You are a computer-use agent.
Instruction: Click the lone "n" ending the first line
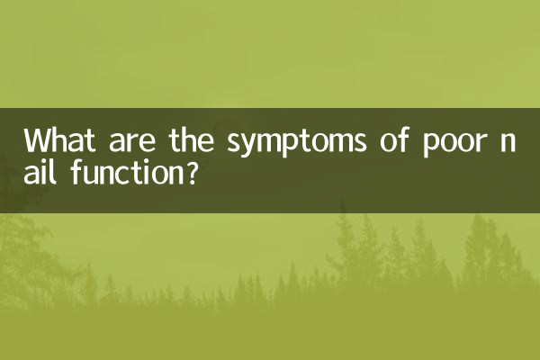pyautogui.click(x=519, y=144)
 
